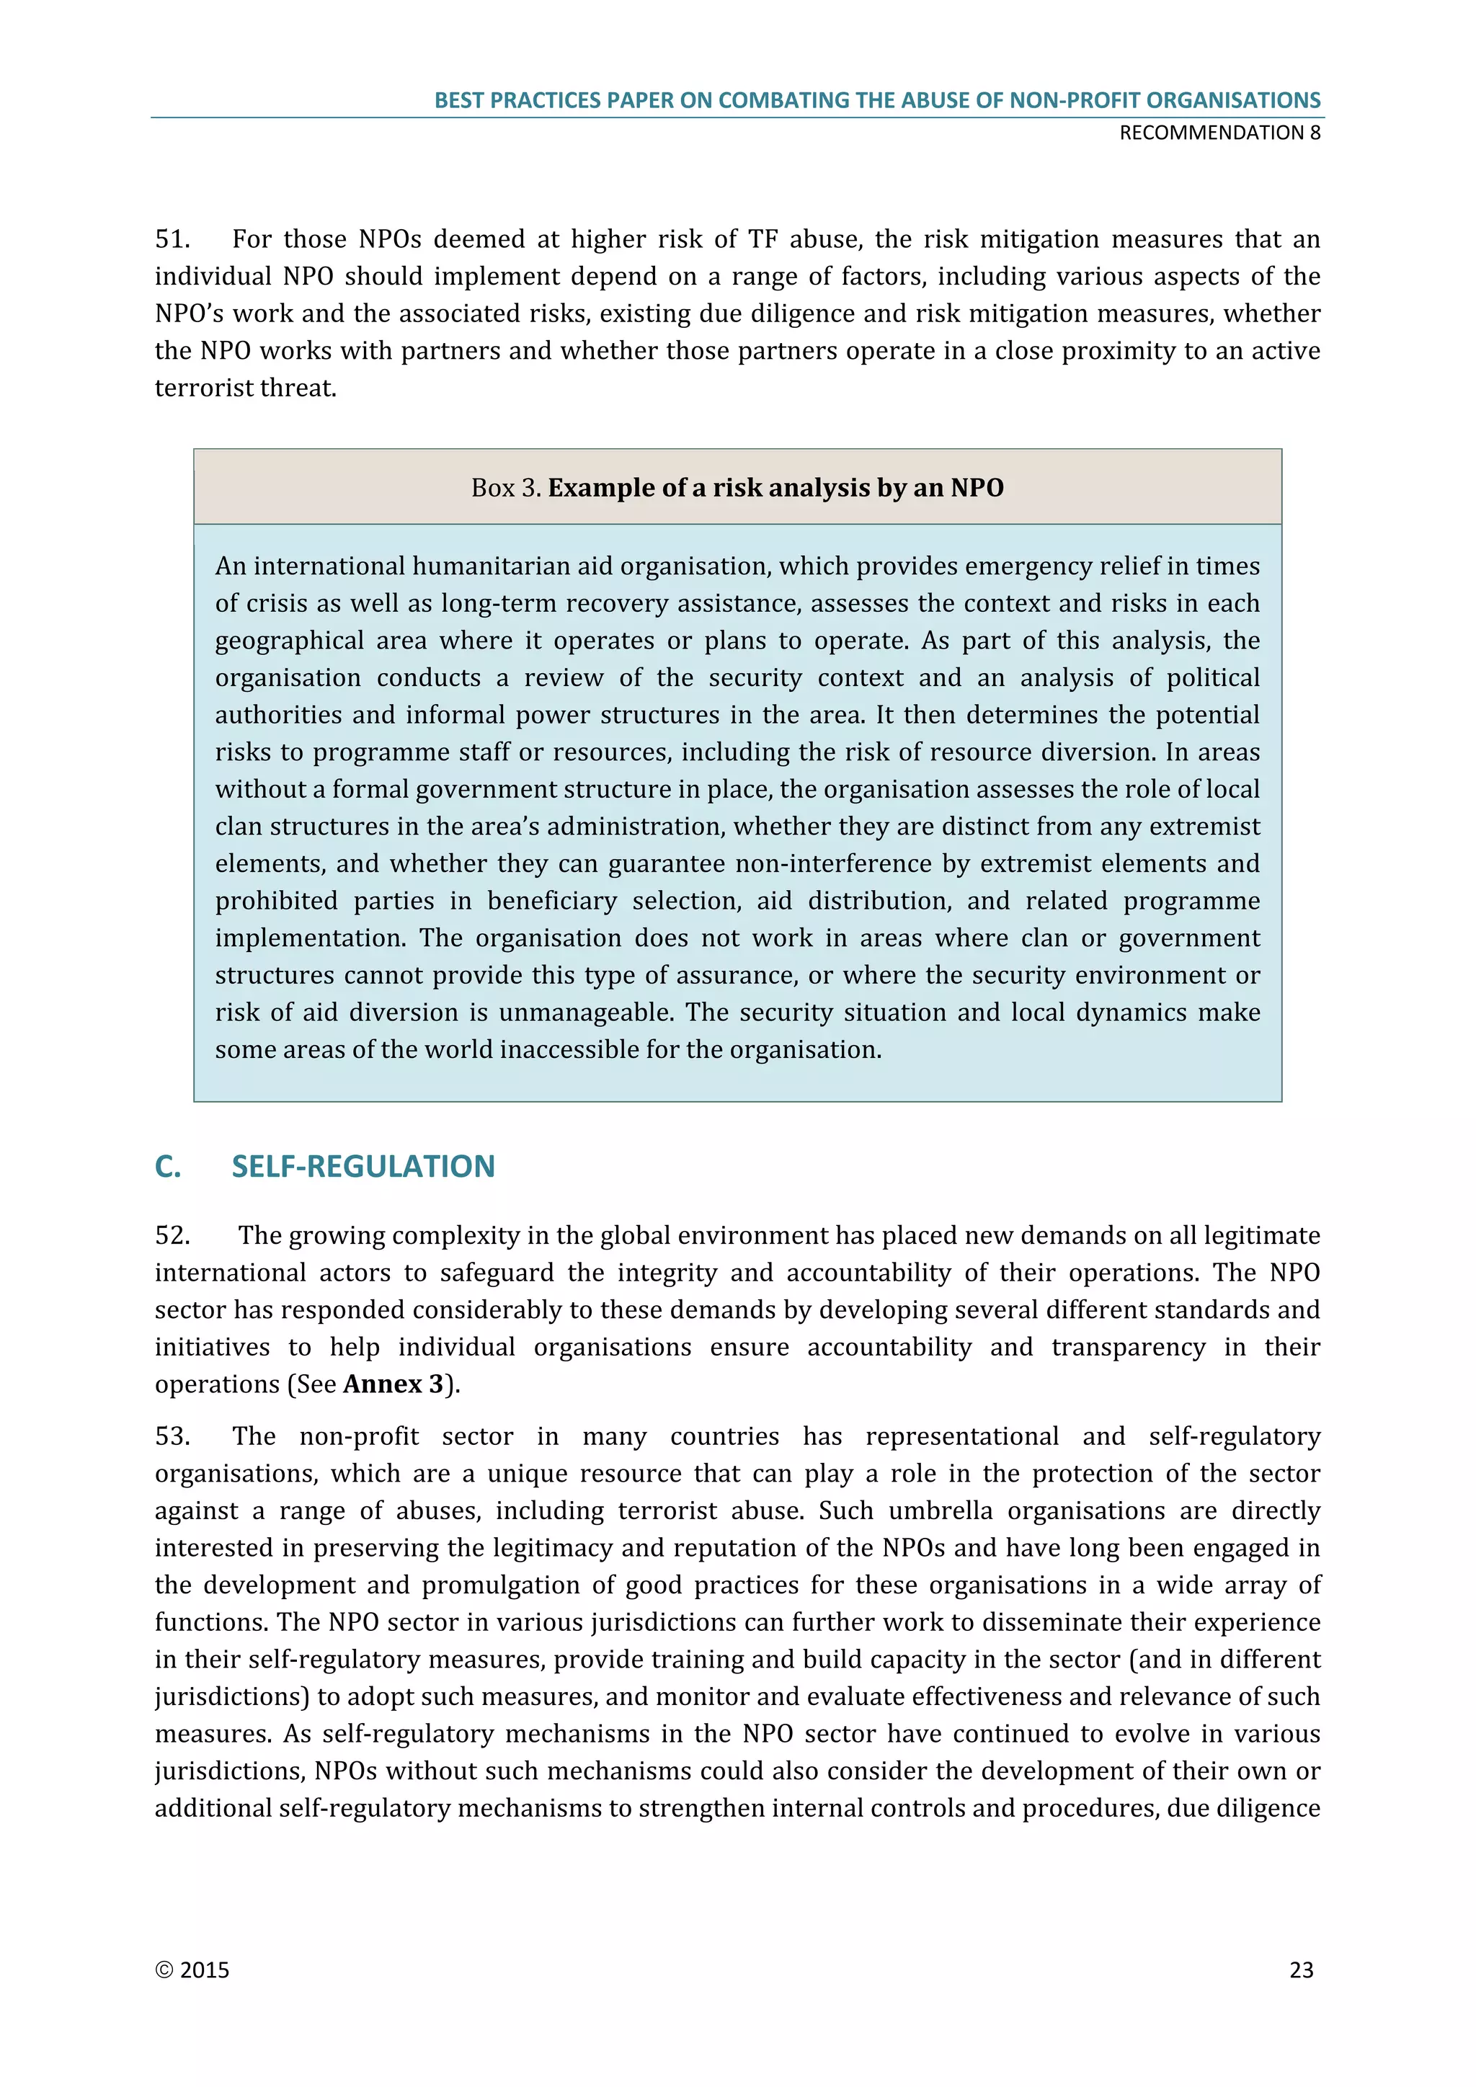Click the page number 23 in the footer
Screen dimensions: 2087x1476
(x=1301, y=1970)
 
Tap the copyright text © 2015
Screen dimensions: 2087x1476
(x=192, y=1970)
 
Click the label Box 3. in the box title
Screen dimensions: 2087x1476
(x=506, y=488)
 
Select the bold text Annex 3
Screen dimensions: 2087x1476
(x=394, y=1384)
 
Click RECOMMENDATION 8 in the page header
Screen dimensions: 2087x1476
(x=1219, y=133)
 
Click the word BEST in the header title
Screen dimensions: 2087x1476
(x=459, y=100)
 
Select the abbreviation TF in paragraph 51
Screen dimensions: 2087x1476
(x=763, y=239)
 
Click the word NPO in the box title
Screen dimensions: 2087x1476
(x=977, y=488)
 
